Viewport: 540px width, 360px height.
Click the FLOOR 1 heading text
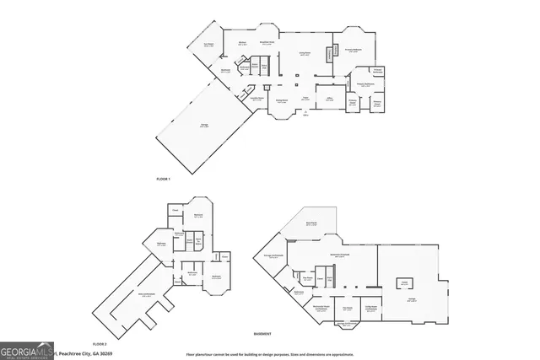coord(164,180)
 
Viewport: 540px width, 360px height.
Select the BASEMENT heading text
coord(263,334)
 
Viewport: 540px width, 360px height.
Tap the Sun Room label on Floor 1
coord(208,46)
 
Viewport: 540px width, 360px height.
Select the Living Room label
coord(305,54)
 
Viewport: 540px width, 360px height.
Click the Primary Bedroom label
coord(352,51)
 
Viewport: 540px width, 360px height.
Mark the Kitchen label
coord(242,43)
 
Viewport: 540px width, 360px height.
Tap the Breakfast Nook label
coord(266,43)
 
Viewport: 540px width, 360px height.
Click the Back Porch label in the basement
coord(310,224)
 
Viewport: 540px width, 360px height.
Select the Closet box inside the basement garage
coord(404,282)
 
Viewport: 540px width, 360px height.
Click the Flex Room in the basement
coord(347,308)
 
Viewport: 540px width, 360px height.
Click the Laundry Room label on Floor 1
coord(251,99)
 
